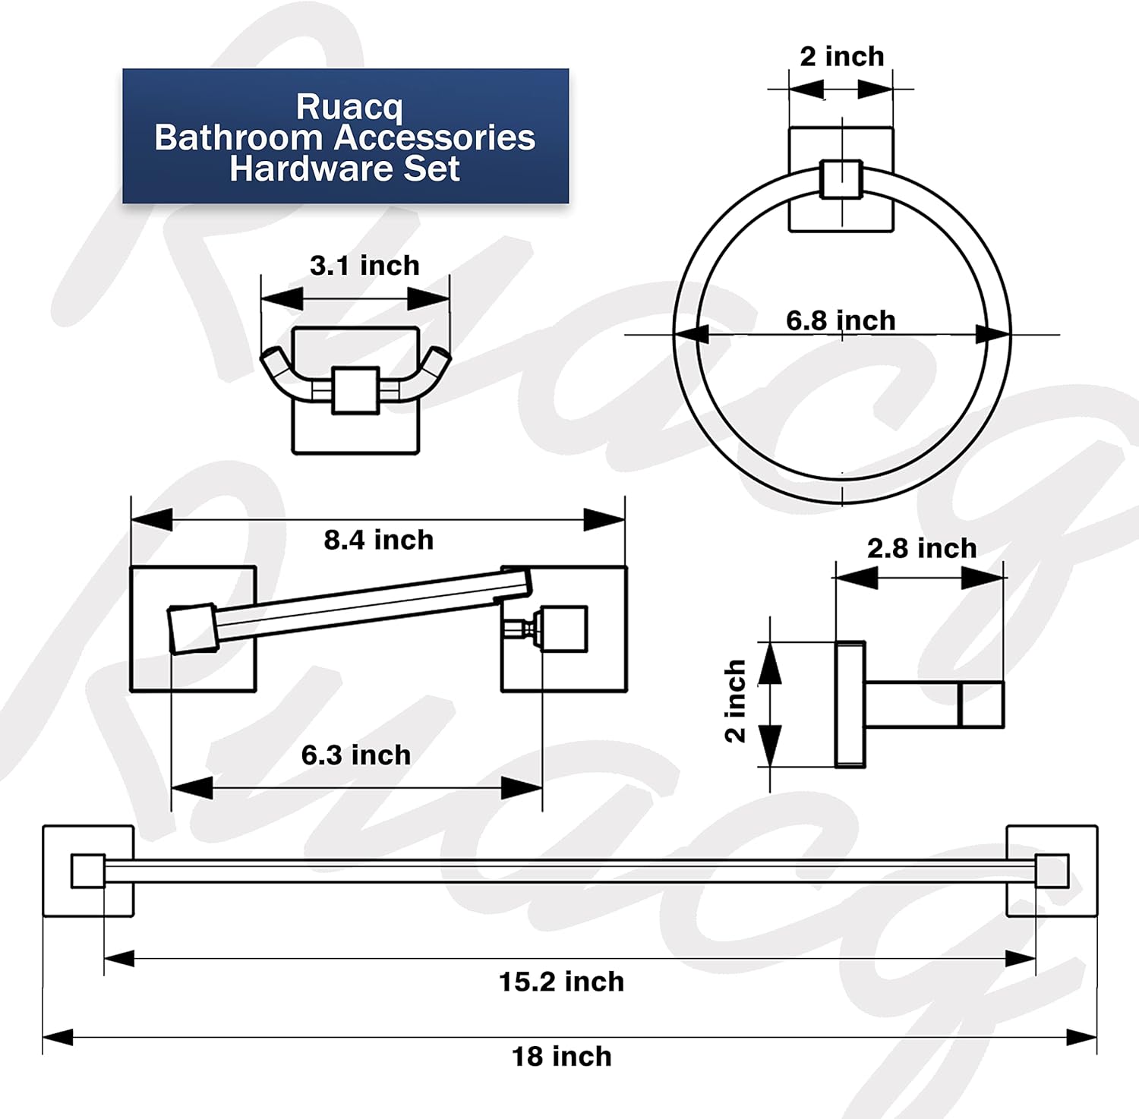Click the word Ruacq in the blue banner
coord(349,106)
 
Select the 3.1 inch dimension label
coord(364,266)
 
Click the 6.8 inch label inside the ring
coord(841,320)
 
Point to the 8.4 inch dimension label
coord(378,540)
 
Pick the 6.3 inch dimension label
coord(355,755)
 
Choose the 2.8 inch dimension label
coord(922,548)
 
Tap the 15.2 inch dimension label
coord(561,982)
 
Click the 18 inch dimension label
coord(561,1056)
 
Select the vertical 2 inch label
coord(735,701)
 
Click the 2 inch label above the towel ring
coord(842,56)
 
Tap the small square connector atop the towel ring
coord(841,180)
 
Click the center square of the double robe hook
coord(355,390)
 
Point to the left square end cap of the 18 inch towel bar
coord(88,871)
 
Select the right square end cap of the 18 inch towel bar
coord(1052,871)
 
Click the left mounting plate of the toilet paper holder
coord(193,629)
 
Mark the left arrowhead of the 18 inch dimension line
coord(58,1037)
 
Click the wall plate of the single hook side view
coord(850,704)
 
